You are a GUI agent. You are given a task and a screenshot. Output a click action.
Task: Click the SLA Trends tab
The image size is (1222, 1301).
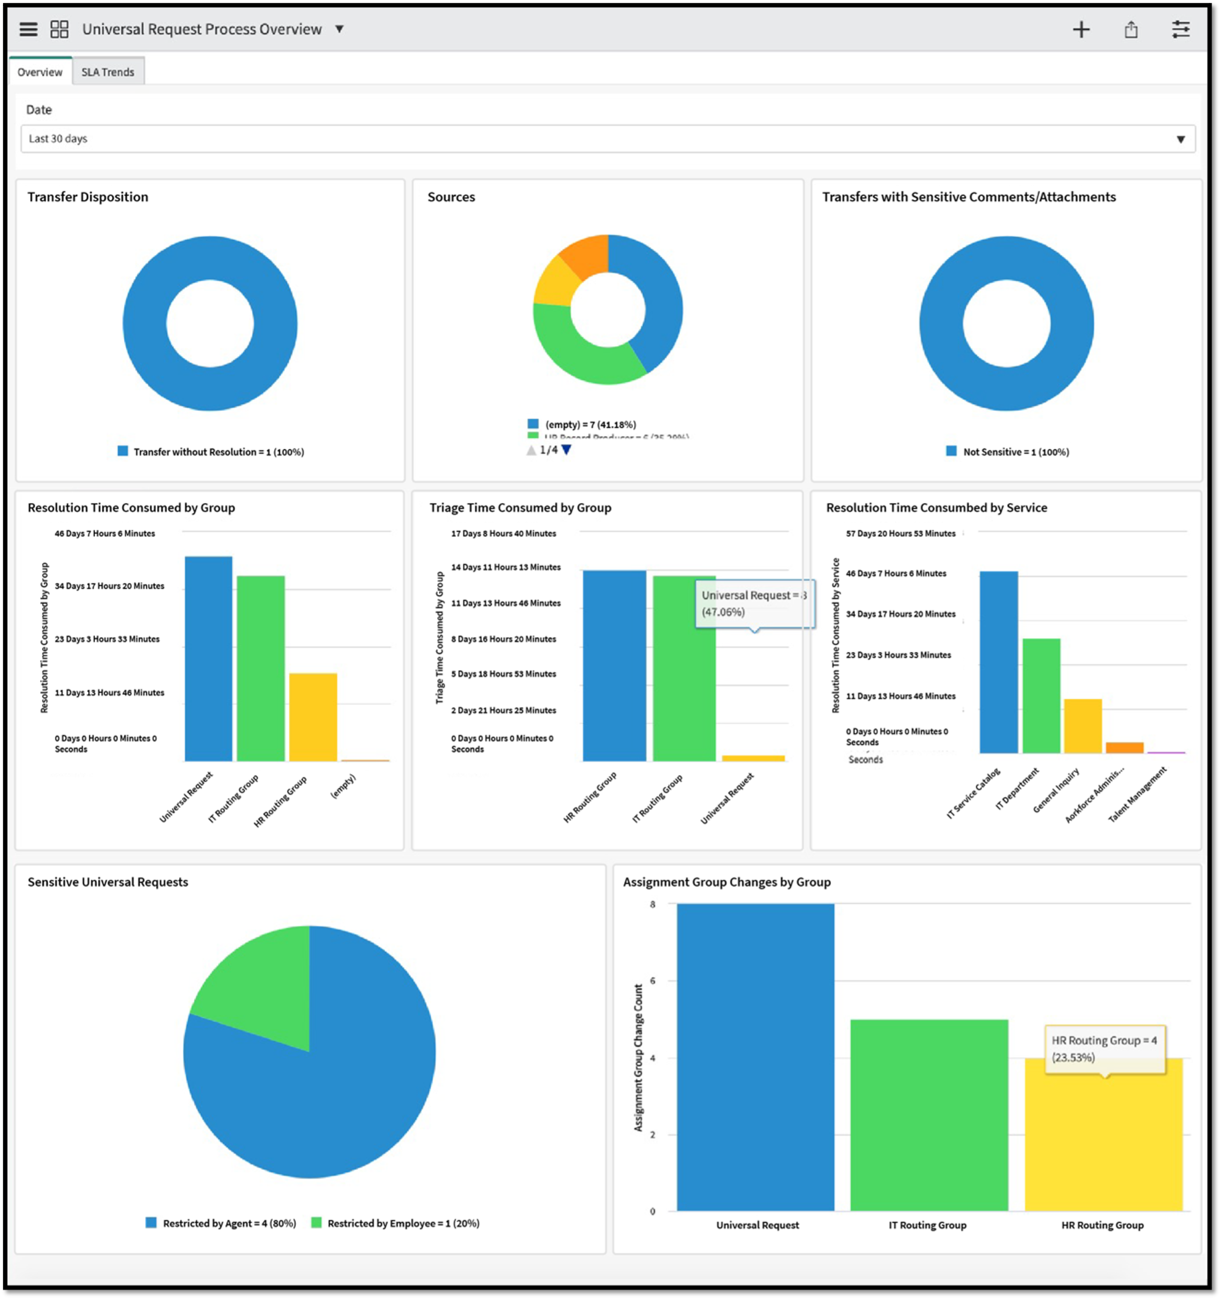[107, 72]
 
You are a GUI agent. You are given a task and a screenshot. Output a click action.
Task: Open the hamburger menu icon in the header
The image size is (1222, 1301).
[28, 30]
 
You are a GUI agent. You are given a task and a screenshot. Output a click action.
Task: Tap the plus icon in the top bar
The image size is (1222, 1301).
[1081, 30]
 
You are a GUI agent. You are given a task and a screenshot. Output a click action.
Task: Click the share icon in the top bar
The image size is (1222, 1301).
[1131, 30]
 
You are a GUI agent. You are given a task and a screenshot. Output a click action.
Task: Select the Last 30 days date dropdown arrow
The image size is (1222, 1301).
[1180, 139]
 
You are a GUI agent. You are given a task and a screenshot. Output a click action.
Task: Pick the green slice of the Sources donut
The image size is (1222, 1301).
[582, 356]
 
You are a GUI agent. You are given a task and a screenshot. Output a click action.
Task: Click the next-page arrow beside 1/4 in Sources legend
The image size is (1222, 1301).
[567, 450]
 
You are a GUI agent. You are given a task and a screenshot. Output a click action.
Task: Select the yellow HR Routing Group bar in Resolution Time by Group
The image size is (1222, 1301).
[313, 717]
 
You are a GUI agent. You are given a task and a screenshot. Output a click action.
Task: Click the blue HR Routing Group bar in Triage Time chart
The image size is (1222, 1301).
[614, 665]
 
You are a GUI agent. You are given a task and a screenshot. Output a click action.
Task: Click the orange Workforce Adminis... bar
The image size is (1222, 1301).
[1124, 747]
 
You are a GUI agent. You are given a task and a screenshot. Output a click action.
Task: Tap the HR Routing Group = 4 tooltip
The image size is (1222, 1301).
[1104, 1049]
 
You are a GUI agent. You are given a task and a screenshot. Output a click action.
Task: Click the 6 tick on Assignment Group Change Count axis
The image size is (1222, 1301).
[652, 980]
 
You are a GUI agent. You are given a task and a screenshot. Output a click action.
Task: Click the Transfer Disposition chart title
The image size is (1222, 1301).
[88, 197]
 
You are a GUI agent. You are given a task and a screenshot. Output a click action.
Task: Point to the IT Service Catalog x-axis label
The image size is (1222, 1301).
[973, 793]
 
